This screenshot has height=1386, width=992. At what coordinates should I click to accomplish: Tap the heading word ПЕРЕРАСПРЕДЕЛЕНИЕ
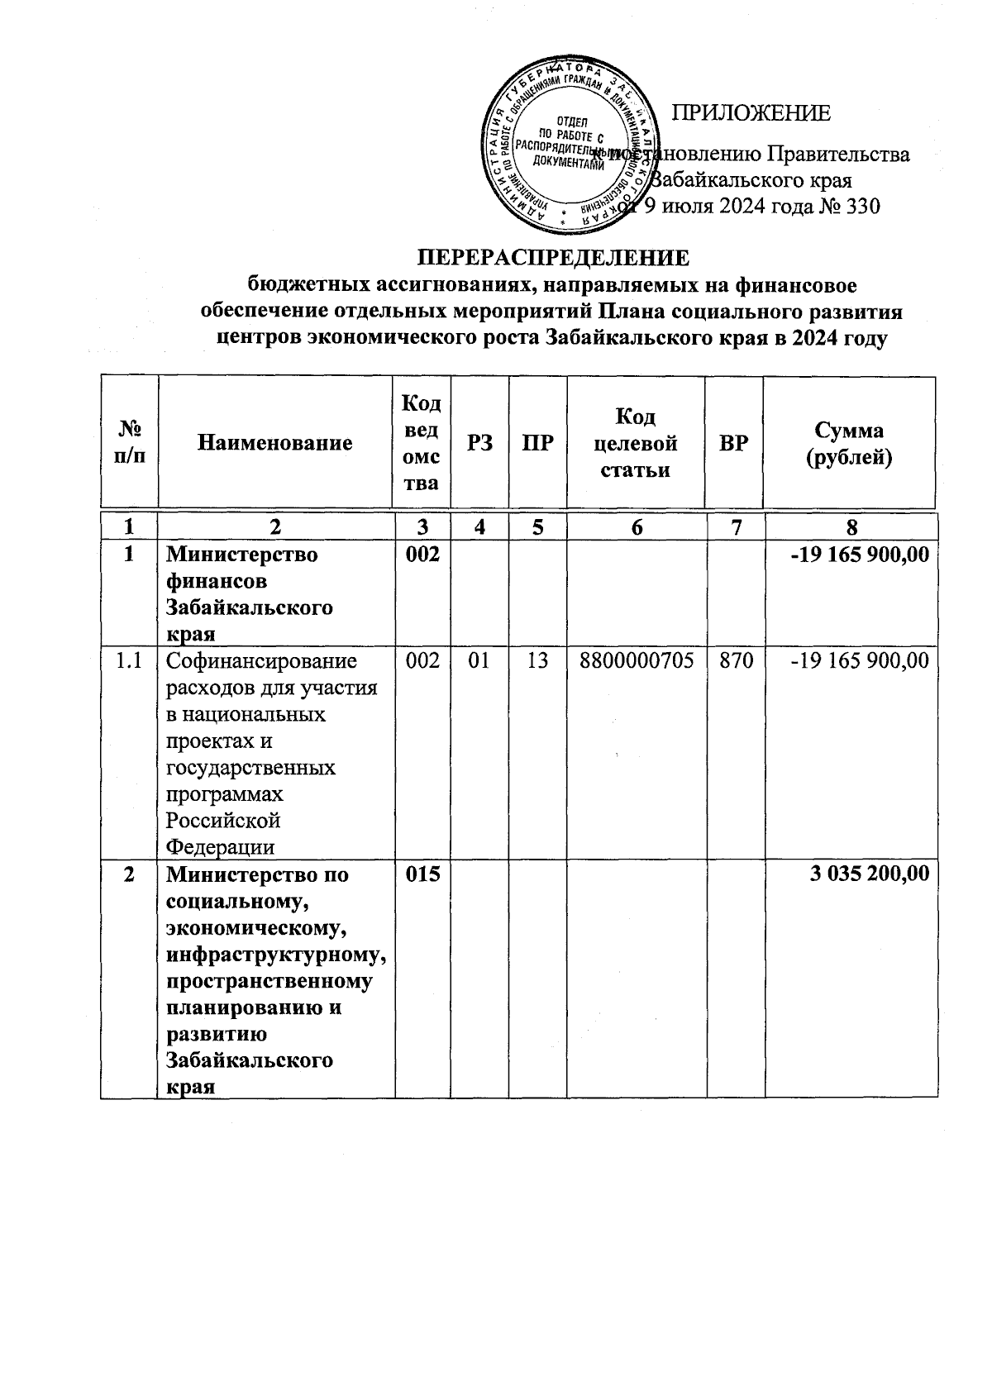click(552, 258)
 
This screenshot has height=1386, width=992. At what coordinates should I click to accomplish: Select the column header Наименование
click(275, 443)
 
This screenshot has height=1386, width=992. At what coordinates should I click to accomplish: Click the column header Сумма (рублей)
click(849, 443)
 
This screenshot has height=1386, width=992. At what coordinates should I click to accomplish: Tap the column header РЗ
click(480, 443)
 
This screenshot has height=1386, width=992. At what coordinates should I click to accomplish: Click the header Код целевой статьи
click(635, 443)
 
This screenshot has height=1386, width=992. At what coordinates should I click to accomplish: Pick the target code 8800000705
click(635, 660)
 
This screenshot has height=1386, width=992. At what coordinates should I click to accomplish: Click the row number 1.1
click(128, 660)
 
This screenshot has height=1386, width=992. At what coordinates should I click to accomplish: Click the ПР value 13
click(537, 660)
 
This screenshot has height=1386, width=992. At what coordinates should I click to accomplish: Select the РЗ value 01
click(479, 660)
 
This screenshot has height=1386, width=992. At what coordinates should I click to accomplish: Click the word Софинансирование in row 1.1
click(261, 660)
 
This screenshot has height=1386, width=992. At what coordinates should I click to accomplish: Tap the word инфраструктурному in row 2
click(276, 955)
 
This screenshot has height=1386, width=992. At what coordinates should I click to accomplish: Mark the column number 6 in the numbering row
click(637, 527)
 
